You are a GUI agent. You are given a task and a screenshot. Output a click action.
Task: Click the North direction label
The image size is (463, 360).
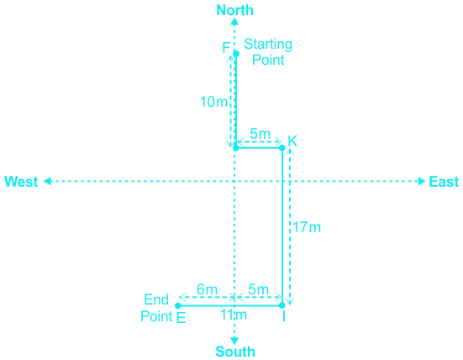[234, 10]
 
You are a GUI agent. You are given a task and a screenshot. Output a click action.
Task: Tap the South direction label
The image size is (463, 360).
[235, 352]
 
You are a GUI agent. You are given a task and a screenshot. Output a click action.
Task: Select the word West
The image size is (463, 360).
[21, 182]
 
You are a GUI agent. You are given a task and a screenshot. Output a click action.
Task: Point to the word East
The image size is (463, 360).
[444, 182]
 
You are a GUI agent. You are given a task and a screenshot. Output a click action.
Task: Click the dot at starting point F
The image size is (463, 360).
[236, 54]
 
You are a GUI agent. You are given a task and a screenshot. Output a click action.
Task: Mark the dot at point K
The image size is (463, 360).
[282, 148]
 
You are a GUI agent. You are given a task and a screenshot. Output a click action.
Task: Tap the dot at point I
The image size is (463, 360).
[282, 305]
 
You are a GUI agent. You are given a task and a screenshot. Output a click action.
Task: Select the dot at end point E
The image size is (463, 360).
[178, 305]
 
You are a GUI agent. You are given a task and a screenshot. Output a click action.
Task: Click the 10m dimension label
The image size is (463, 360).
[213, 102]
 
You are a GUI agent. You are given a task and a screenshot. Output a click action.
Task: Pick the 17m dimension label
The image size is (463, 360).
[307, 227]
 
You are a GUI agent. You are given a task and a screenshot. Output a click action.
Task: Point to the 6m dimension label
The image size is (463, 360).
[207, 289]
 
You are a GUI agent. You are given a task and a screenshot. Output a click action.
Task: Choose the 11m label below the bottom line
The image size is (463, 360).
[234, 315]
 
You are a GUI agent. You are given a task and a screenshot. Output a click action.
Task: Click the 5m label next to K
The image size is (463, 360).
[260, 134]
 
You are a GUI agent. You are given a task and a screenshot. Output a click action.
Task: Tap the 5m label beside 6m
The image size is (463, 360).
[258, 289]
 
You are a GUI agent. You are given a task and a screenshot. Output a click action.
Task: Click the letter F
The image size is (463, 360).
[226, 48]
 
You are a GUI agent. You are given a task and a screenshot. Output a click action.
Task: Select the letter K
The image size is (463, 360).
[292, 141]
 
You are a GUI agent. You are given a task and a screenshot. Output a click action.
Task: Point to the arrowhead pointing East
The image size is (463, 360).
[422, 181]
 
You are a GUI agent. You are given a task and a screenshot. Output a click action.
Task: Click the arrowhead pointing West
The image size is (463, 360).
[47, 181]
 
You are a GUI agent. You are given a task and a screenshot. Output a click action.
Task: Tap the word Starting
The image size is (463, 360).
[268, 45]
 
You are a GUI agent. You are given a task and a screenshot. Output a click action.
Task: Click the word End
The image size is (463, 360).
[156, 299]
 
